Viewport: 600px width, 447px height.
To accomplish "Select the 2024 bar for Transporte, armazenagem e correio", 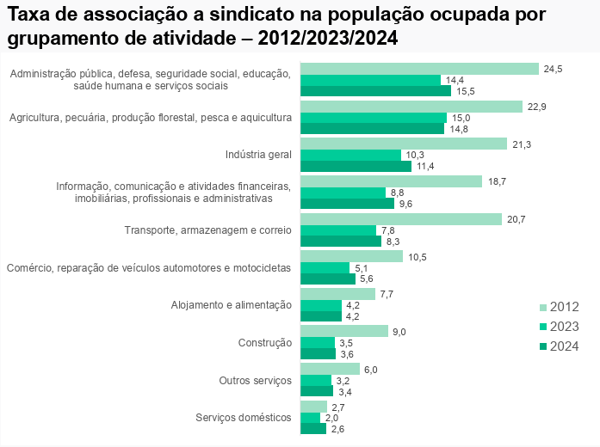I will [341, 242].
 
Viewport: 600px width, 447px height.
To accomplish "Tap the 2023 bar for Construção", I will [318, 342].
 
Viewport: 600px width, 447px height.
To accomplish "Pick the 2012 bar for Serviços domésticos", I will [313, 407].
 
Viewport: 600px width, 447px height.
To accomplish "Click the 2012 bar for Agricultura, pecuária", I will [411, 106].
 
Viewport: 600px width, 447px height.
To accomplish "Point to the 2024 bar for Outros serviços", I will [317, 391].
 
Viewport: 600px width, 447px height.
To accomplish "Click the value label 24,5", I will [553, 69].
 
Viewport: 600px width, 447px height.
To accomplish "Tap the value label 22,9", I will [537, 107].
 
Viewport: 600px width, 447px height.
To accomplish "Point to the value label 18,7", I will [497, 181].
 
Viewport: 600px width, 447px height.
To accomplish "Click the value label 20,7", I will [516, 219].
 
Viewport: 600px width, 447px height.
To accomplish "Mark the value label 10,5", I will [418, 257].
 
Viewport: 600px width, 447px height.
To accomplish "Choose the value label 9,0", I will [399, 332].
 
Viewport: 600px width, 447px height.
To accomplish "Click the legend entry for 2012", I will [560, 307].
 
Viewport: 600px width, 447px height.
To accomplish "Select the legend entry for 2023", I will [560, 327].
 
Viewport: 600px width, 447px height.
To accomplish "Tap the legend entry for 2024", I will [560, 346].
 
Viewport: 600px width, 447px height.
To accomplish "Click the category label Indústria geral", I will [258, 155].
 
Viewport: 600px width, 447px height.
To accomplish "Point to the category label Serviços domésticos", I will [244, 418].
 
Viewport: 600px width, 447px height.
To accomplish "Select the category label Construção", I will [264, 343].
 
